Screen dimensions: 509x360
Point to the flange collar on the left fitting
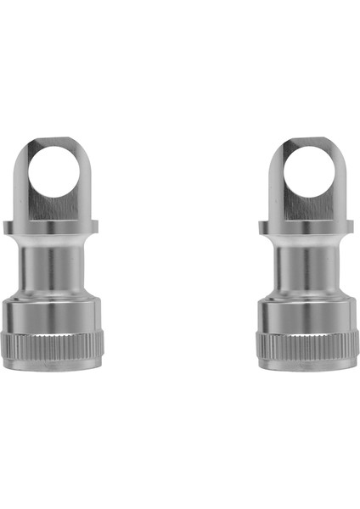pyautogui.click(x=53, y=227)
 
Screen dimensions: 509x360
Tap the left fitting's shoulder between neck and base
pyautogui.click(x=53, y=294)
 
